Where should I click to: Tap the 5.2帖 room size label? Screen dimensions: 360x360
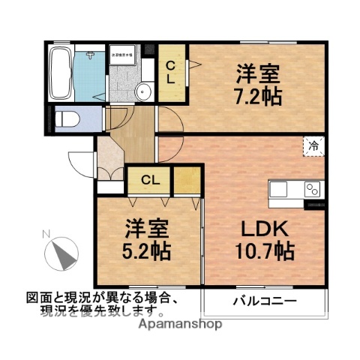[x=146, y=249]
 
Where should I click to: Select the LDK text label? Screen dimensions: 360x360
[x=262, y=228]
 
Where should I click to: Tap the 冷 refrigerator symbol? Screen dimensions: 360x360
[x=313, y=147]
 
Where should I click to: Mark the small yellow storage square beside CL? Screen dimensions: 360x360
[x=187, y=180]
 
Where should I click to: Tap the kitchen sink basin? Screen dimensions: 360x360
[x=278, y=190]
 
